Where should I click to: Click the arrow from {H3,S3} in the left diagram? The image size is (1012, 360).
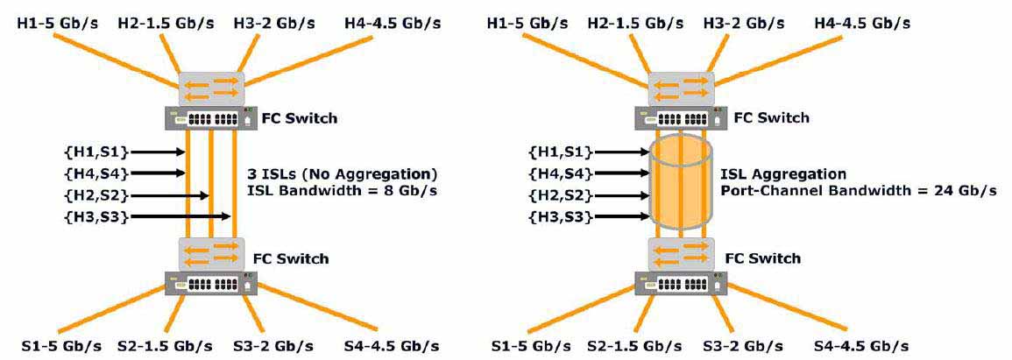click(180, 216)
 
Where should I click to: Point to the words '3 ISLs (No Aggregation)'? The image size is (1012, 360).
click(343, 174)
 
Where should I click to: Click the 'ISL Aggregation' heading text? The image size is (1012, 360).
click(783, 174)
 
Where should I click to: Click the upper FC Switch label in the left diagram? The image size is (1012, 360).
click(300, 118)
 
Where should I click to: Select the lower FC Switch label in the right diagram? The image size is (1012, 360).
click(763, 258)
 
